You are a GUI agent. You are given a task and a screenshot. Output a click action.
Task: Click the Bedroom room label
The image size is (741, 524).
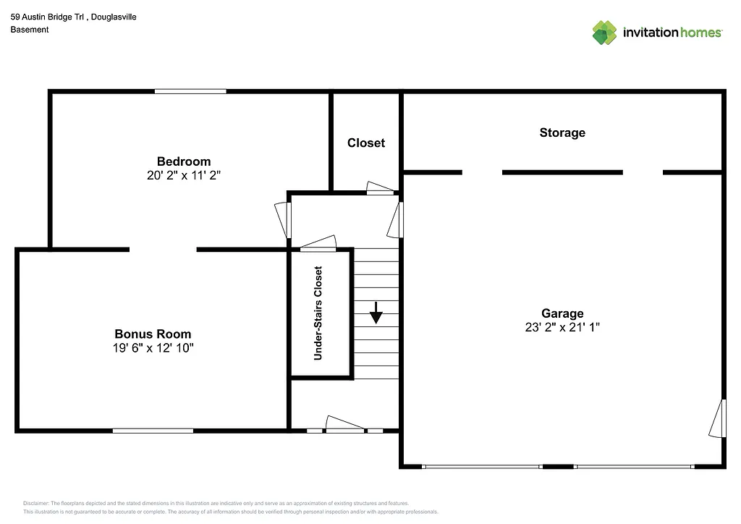pos(184,161)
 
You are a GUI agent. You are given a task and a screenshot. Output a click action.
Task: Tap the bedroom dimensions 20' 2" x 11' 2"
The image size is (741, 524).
pos(184,175)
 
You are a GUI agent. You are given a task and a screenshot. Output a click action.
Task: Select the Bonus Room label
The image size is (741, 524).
pos(153,334)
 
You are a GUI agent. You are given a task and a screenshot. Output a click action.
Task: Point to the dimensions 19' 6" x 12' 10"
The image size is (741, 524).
pos(153,347)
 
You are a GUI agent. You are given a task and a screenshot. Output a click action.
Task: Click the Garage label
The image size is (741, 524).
pos(562,313)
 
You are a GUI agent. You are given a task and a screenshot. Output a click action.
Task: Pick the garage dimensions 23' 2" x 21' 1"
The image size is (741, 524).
pos(562,326)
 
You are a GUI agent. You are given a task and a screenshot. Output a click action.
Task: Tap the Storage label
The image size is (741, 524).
pos(562,132)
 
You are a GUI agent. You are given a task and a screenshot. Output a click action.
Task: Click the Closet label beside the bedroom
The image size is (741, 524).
pos(366,143)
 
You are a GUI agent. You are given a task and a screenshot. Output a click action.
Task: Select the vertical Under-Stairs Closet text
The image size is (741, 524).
pos(318,313)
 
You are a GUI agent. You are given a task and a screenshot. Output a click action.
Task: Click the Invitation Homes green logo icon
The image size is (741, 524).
pos(604,33)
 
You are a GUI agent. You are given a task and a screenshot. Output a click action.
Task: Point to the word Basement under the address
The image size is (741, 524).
pos(30,30)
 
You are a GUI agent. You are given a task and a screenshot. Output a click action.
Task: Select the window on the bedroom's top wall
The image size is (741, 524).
pos(190,91)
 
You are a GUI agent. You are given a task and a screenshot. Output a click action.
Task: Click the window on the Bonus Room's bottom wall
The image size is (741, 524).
pos(153,431)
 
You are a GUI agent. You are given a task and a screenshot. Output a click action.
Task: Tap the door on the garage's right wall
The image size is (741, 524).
pos(718,418)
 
